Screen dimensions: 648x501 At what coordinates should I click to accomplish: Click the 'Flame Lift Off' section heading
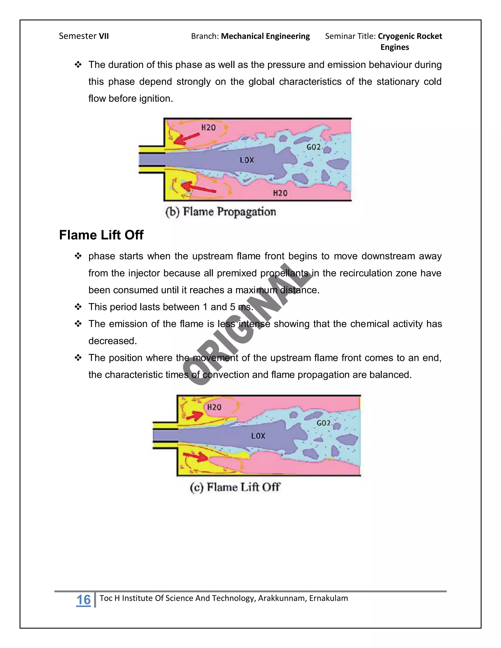(x=101, y=235)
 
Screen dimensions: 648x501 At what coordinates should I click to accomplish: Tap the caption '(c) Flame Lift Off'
(x=235, y=487)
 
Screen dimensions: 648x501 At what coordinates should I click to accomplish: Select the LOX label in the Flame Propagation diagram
(x=247, y=160)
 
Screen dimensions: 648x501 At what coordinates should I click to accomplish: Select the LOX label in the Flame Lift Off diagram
(x=258, y=436)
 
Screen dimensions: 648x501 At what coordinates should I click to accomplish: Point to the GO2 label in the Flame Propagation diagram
(x=313, y=147)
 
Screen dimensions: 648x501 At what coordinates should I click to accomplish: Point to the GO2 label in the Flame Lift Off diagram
(x=323, y=423)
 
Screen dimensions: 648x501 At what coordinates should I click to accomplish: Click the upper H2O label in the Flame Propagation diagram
(x=208, y=128)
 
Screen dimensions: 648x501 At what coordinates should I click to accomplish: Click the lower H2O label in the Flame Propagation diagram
(x=280, y=193)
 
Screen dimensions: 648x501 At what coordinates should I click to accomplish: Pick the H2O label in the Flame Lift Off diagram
(x=214, y=407)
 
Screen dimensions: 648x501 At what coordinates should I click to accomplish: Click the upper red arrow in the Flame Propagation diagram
(x=186, y=139)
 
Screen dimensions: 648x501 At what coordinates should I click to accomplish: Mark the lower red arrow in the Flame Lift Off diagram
(x=196, y=456)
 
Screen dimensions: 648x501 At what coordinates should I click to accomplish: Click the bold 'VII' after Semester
(x=103, y=36)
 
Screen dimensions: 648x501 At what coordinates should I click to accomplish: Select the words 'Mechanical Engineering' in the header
(x=265, y=36)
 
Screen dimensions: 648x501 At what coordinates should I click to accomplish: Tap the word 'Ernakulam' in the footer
(x=328, y=598)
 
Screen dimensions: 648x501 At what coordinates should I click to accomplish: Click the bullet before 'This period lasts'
(x=78, y=307)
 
